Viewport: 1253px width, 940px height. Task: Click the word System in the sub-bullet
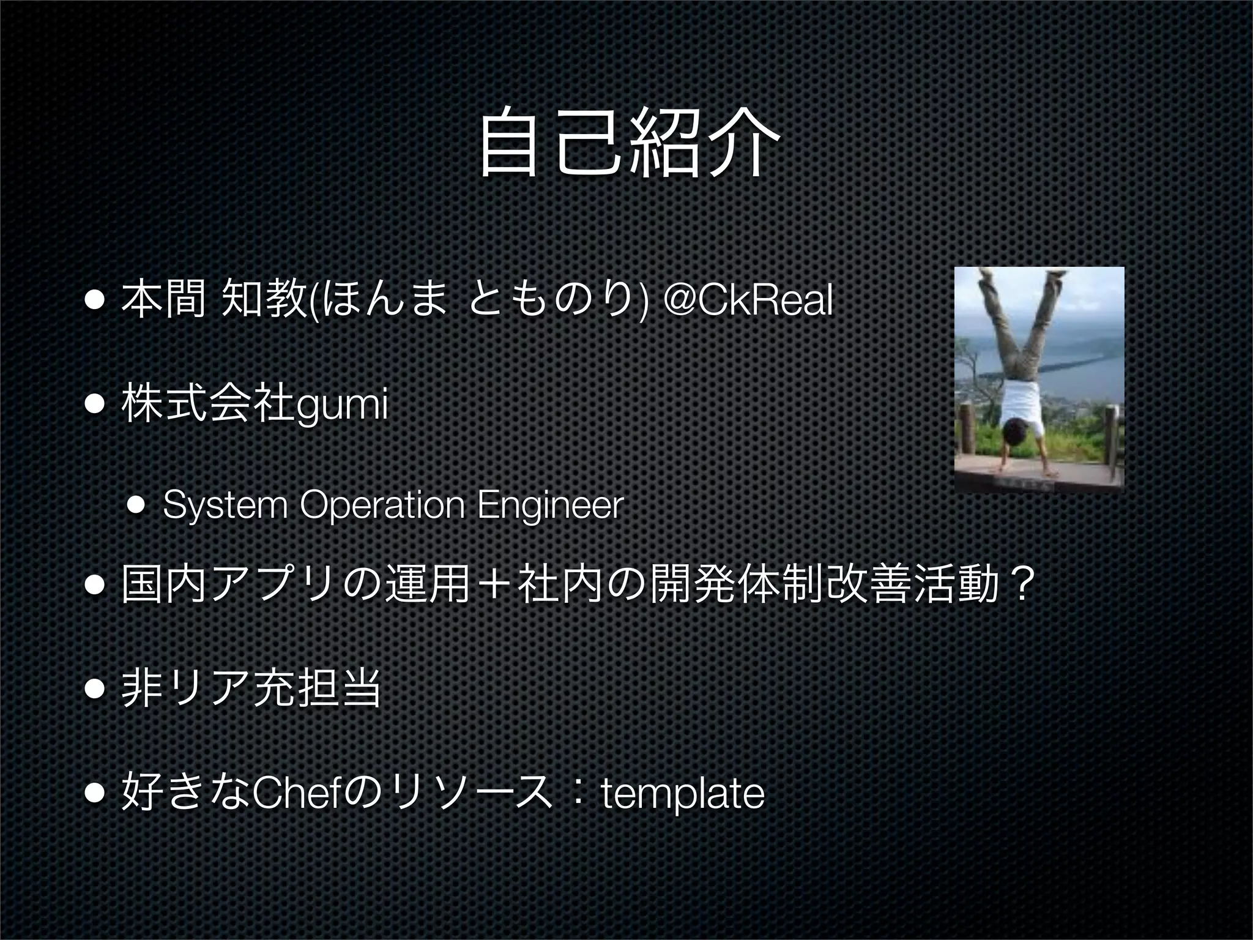tap(225, 505)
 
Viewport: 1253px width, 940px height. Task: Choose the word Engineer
tap(550, 505)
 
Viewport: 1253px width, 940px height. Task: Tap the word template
tap(683, 794)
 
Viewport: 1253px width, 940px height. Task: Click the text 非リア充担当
tap(251, 688)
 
